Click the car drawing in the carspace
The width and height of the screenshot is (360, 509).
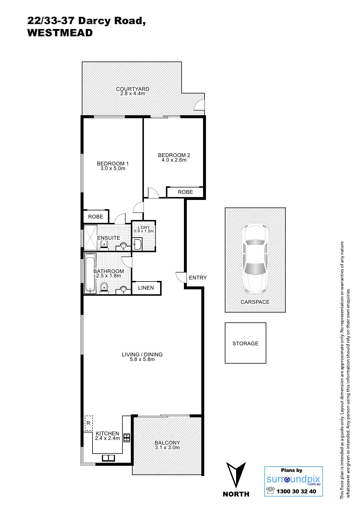(255, 258)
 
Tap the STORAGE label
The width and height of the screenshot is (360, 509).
(245, 343)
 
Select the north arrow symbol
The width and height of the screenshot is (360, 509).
(236, 474)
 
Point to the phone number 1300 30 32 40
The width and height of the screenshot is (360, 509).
(296, 491)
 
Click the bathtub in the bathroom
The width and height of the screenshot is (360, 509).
(90, 273)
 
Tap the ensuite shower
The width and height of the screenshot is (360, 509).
(90, 237)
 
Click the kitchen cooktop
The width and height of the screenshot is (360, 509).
(127, 437)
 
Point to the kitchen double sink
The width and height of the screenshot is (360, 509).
(108, 458)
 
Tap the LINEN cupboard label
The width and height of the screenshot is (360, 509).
(146, 288)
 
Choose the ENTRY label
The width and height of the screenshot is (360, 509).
(198, 278)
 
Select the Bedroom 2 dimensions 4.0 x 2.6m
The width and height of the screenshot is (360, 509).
(174, 160)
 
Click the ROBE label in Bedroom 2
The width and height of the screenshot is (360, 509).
(185, 192)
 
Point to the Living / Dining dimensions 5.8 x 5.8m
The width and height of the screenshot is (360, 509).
(142, 359)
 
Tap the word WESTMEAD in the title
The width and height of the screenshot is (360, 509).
(60, 33)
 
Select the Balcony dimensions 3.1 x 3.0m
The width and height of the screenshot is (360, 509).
(167, 447)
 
